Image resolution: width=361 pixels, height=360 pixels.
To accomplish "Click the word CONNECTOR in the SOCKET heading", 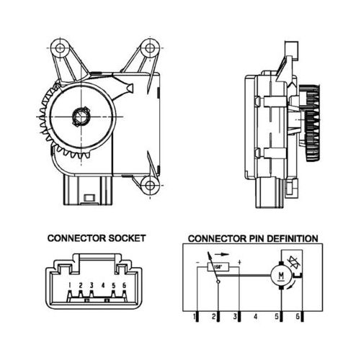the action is [76, 238].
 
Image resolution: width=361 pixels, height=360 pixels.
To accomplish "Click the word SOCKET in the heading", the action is [127, 238].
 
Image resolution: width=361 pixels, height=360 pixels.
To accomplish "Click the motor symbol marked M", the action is [281, 275].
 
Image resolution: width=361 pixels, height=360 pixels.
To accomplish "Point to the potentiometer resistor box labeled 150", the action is [218, 267].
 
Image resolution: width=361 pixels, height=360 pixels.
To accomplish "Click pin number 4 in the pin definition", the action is [256, 317].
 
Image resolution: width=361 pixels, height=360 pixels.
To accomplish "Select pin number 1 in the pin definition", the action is [195, 317].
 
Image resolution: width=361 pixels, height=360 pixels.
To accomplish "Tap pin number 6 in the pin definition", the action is [298, 317].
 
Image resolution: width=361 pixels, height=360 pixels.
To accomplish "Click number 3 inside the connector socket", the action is [92, 285].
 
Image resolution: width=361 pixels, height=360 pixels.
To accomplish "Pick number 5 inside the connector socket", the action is [114, 285].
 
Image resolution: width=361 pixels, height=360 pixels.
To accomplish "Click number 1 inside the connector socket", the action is [70, 285].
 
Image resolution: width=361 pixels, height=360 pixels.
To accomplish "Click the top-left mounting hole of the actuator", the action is [60, 48].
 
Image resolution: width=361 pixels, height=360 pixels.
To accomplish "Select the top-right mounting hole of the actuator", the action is [150, 48].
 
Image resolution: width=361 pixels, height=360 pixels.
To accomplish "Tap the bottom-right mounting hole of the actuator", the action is [150, 185].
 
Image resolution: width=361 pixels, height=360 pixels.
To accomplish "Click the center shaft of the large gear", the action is [81, 117].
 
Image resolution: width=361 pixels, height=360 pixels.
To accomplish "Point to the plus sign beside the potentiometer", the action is [239, 262].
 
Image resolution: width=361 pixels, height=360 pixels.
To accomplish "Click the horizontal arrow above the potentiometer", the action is [221, 254].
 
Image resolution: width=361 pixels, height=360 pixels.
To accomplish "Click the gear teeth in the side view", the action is [313, 123].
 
